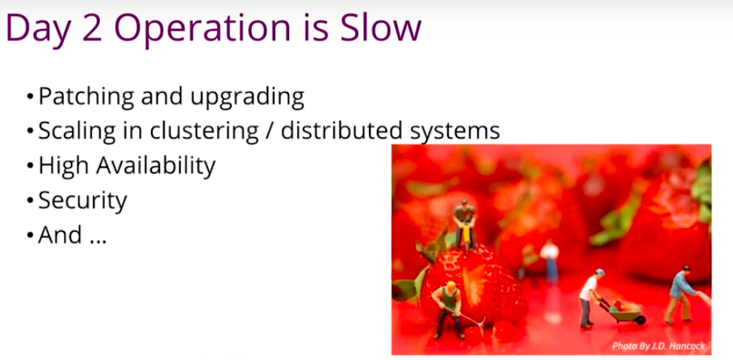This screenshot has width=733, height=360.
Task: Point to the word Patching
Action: click(87, 97)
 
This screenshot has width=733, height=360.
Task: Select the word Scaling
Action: click(77, 132)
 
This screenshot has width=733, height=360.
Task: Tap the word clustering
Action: click(204, 132)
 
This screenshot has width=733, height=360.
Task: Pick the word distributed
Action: click(341, 131)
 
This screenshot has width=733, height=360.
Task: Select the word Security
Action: click(82, 200)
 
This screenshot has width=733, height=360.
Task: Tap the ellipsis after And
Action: click(96, 241)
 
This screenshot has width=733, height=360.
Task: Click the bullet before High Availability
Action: click(31, 166)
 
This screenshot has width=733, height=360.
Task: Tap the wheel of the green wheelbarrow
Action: click(640, 320)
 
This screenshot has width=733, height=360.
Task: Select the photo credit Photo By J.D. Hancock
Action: click(659, 346)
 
